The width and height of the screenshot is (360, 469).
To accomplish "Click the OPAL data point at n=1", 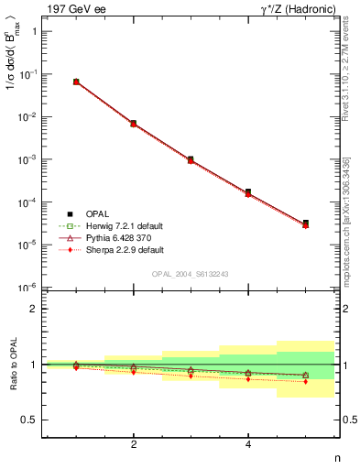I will point(76,82).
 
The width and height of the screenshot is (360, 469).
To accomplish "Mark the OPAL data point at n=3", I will point(191,159).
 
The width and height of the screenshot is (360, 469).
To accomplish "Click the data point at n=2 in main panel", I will point(134,123).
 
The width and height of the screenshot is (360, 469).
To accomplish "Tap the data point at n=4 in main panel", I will point(248,192).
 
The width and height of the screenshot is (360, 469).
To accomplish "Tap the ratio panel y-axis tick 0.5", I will point(30,420).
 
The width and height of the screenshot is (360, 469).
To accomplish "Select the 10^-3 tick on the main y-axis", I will point(27,159).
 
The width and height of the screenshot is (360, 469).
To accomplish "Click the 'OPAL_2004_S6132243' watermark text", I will point(191,274).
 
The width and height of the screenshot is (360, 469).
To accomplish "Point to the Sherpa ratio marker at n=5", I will point(305,381).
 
